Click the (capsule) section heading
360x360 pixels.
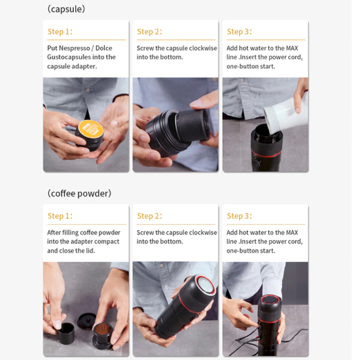click(x=66, y=9)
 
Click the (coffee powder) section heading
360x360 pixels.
click(x=79, y=193)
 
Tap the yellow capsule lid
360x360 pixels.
click(x=90, y=130)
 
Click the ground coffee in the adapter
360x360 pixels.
click(x=103, y=330)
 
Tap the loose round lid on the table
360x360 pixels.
click(x=87, y=321)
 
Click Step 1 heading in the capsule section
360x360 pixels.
click(x=60, y=32)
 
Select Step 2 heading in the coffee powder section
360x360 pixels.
click(x=150, y=216)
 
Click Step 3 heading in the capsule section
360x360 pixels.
click(x=239, y=32)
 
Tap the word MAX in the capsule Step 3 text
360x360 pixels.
click(x=292, y=48)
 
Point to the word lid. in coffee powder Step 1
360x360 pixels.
click(x=90, y=250)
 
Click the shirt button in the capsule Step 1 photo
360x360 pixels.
click(x=88, y=90)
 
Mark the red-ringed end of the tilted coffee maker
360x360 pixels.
click(x=205, y=286)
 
